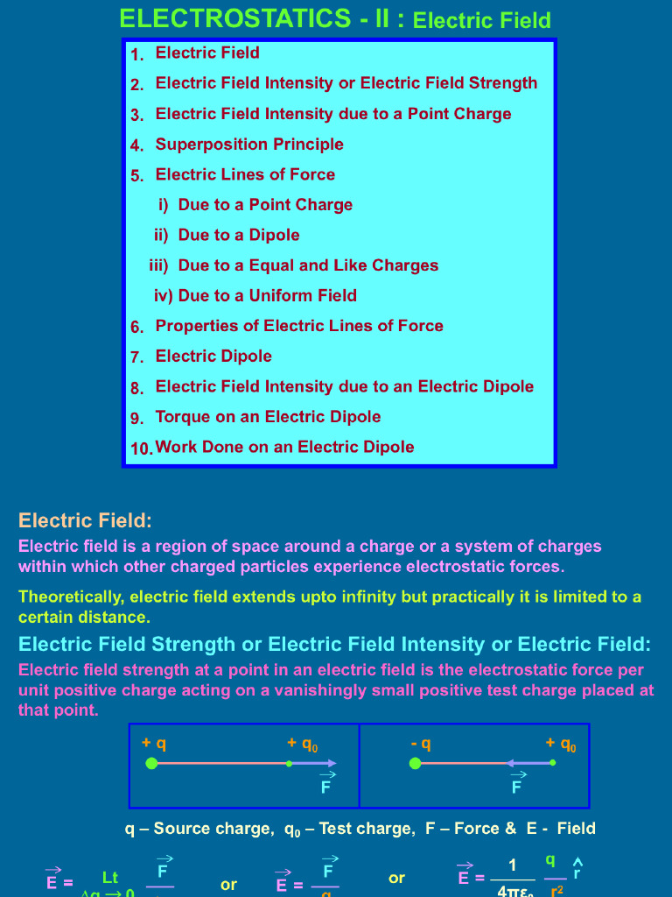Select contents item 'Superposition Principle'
tap(249, 145)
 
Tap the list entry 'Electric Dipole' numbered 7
tap(213, 357)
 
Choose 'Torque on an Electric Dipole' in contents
tap(268, 417)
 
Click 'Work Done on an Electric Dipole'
tap(284, 447)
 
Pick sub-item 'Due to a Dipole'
tap(239, 235)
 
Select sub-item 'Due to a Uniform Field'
tap(268, 296)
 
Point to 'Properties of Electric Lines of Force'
tap(299, 326)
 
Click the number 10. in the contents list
tap(142, 448)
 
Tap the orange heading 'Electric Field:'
tap(85, 521)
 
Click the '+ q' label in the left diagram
tap(154, 744)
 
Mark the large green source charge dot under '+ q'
tap(151, 764)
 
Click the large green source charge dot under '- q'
tap(416, 764)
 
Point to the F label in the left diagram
tap(326, 787)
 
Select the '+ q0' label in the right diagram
tap(561, 745)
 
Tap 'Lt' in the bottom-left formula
tap(110, 877)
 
